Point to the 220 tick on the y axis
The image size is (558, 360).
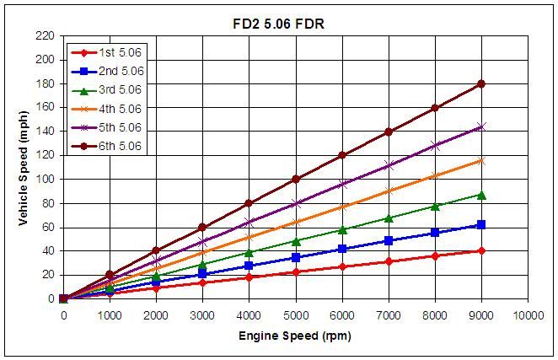pos(45,36)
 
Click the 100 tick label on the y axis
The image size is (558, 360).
pos(45,180)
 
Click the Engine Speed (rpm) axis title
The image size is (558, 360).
pos(295,336)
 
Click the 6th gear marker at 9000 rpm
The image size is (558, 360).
pos(481,83)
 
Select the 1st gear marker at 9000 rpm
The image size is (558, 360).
pos(481,250)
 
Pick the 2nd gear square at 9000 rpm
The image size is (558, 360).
pos(481,224)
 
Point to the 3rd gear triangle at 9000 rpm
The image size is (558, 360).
pos(481,195)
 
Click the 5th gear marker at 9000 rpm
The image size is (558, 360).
pos(481,126)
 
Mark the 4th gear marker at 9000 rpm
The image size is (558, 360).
pos(481,160)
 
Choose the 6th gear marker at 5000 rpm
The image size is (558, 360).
pos(295,179)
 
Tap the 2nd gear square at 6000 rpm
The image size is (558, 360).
pos(342,249)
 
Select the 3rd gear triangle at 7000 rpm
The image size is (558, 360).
pos(389,218)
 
